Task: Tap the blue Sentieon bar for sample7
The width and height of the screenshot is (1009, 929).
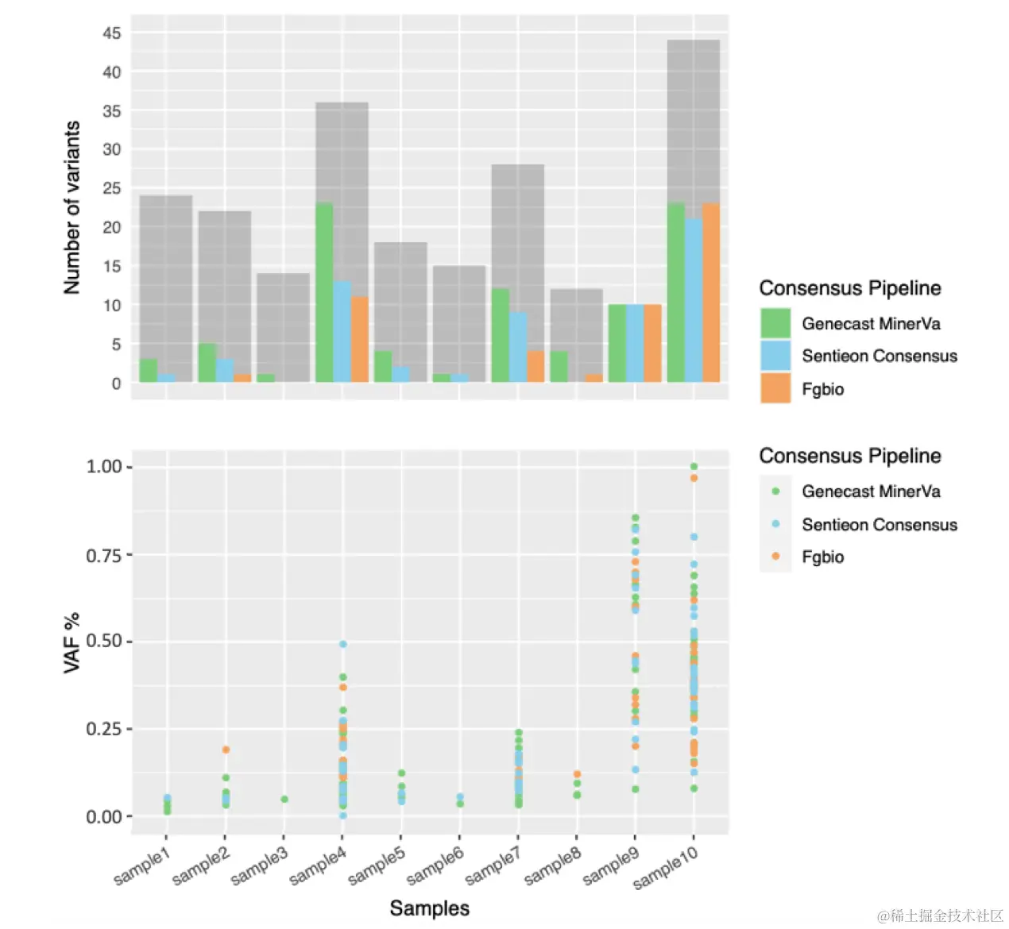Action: [518, 347]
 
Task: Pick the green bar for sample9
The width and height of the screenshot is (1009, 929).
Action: [617, 343]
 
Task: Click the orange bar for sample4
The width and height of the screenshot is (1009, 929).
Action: [359, 339]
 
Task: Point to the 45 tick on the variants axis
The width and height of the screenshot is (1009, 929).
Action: [112, 33]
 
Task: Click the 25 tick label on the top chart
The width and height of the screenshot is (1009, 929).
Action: [112, 188]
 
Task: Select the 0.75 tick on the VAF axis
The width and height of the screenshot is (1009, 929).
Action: [103, 555]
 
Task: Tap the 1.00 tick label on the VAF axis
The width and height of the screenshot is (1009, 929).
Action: [103, 467]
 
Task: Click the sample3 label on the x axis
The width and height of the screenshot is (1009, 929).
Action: [259, 867]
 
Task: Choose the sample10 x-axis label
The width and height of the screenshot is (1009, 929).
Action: [666, 867]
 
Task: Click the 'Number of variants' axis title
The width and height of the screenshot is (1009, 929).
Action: [72, 208]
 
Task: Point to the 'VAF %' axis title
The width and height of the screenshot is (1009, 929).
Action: [72, 643]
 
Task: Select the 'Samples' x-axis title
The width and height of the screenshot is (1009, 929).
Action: [429, 908]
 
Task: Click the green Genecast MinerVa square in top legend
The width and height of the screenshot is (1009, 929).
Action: [775, 323]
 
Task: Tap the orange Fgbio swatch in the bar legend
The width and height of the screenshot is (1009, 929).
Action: [775, 388]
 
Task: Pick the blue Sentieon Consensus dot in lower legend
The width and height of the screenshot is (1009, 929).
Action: [775, 524]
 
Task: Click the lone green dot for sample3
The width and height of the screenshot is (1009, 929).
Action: [284, 799]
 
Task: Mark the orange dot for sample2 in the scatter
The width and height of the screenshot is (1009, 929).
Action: [226, 750]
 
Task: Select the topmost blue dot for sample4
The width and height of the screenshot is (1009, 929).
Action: [343, 644]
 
